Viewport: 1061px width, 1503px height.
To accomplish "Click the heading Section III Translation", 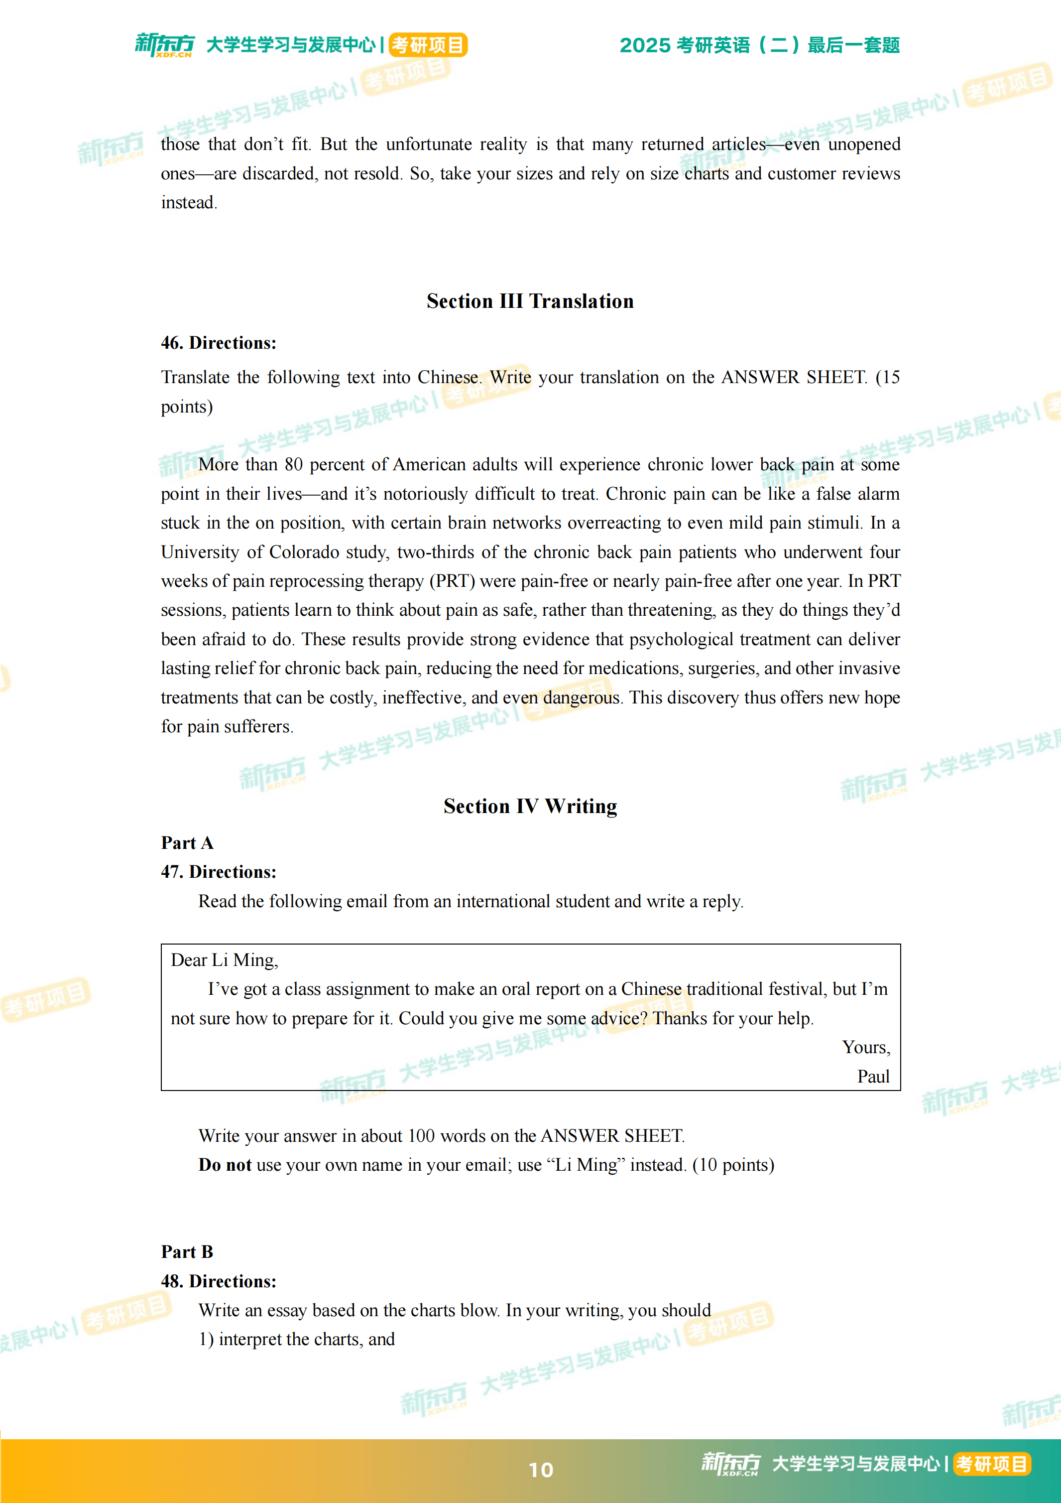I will (x=530, y=301).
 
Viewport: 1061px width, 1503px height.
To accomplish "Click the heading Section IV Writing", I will (x=530, y=806).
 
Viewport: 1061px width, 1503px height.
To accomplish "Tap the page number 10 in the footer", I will (x=540, y=1470).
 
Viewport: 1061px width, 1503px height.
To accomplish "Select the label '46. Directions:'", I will (x=219, y=343).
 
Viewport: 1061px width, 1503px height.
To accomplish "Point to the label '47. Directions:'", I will (x=219, y=872).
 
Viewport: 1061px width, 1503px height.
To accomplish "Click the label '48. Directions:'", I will (x=219, y=1281).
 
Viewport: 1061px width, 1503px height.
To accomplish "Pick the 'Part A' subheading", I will (x=187, y=843).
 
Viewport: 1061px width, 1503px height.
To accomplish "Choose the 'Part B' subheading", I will (x=187, y=1251).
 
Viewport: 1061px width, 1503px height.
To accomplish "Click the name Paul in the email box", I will (x=873, y=1077).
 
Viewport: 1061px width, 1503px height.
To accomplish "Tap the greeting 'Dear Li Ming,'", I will (x=225, y=960).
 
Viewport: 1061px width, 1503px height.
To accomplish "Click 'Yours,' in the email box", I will (x=866, y=1047).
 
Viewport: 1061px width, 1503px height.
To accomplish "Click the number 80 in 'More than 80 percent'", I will (x=293, y=465).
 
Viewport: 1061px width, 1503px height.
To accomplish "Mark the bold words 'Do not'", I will (x=225, y=1165).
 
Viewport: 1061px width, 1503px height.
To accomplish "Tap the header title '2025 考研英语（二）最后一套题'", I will (x=759, y=45).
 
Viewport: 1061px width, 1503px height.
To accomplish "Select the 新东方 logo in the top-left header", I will (x=165, y=44).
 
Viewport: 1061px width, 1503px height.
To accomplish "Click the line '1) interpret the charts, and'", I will (x=296, y=1339).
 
